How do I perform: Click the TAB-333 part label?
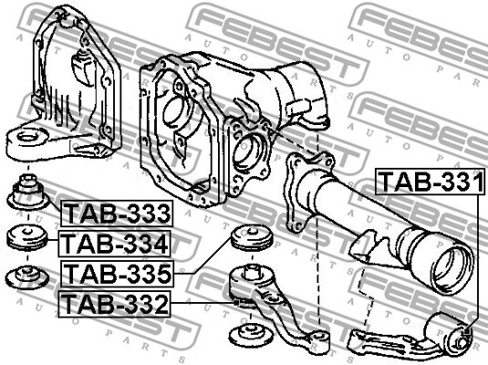coord(117,214)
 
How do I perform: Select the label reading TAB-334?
coord(115,244)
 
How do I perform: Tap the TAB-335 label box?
coord(117,272)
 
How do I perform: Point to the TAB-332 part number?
coord(116,303)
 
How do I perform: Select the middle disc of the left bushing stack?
coord(27,239)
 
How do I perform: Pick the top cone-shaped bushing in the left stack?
coord(27,194)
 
